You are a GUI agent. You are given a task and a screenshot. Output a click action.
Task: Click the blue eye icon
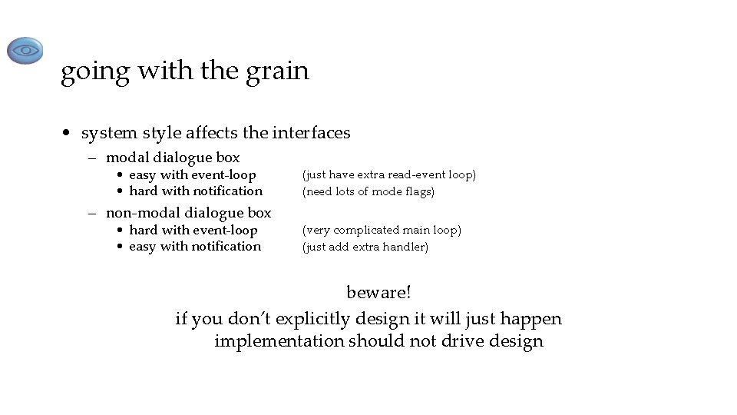point(25,51)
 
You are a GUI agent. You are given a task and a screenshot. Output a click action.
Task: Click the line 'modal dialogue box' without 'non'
point(173,158)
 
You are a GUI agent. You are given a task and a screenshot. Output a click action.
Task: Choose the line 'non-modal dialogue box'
point(188,213)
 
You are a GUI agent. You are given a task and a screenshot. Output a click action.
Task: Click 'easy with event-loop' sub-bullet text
point(192,175)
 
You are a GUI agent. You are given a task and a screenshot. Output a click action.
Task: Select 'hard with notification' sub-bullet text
point(196,191)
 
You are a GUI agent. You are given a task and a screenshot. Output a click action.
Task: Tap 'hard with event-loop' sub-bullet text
point(193,230)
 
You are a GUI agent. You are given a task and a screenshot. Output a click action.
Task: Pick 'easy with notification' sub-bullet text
point(195,246)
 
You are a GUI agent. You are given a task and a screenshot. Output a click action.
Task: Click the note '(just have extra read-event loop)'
point(389,175)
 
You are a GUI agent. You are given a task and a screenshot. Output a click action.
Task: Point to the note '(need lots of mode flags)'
point(368,191)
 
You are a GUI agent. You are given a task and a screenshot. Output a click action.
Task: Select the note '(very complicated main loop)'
point(382,230)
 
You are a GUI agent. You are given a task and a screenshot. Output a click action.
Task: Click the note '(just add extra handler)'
point(365,247)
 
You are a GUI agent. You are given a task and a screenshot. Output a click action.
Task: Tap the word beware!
point(378,293)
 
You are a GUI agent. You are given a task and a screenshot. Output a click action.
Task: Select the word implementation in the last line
point(279,341)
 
